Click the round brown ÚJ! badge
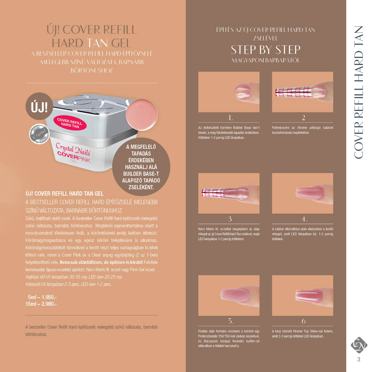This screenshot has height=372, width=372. tap(39, 106)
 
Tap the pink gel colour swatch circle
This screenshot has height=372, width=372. tap(142, 115)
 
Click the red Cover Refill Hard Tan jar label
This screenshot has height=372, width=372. tap(70, 123)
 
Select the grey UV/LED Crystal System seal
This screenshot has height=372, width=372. tap(39, 134)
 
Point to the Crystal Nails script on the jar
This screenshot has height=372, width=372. tap(73, 149)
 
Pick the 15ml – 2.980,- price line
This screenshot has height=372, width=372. tap(41, 304)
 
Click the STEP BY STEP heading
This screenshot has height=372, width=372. tap(266, 50)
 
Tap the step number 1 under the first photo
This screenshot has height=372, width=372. tap(230, 117)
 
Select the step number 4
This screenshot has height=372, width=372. tap(304, 219)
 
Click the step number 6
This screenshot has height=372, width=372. tap(303, 321)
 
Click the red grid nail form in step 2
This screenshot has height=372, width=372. tap(294, 92)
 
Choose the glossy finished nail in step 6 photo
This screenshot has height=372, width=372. tap(309, 296)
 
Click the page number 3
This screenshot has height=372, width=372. tap(359, 359)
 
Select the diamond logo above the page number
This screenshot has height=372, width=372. tap(359, 345)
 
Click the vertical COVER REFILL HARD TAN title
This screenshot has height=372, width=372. tap(359, 93)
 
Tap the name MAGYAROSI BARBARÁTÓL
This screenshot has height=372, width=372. tap(266, 60)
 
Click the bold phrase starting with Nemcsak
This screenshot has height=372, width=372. tap(101, 262)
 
